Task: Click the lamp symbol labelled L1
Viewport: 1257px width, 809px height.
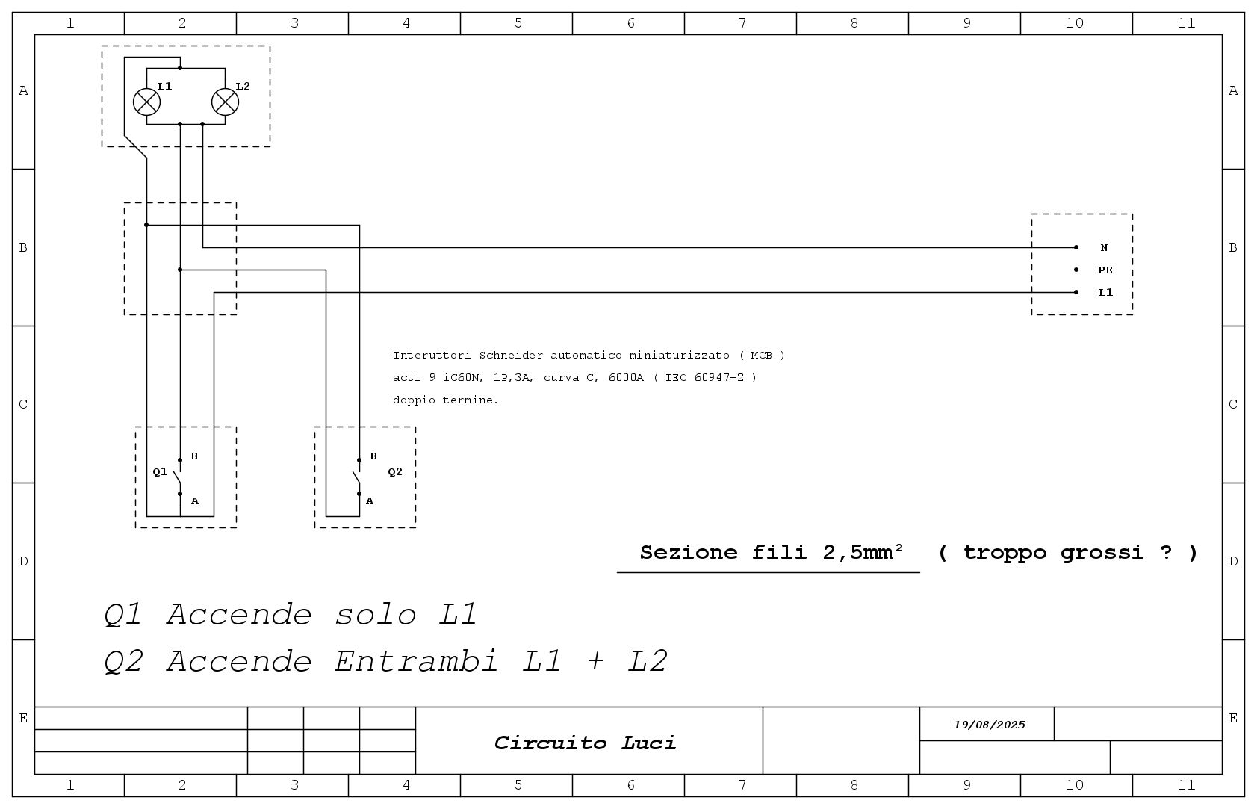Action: [x=146, y=102]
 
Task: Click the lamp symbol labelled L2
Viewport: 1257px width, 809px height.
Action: [x=225, y=102]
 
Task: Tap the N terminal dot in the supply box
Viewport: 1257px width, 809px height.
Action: [x=1076, y=247]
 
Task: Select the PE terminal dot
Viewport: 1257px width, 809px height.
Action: [x=1076, y=270]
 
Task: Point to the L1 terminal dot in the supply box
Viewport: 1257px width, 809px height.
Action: [x=1076, y=293]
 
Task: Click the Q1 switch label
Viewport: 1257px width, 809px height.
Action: [x=160, y=472]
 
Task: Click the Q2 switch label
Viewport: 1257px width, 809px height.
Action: [x=395, y=472]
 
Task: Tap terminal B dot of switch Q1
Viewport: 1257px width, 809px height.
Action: [x=180, y=460]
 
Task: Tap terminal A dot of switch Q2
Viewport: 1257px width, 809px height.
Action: [x=359, y=494]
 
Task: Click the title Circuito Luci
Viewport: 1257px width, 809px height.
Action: [x=585, y=743]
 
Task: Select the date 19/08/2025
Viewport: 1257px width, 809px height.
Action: [x=990, y=725]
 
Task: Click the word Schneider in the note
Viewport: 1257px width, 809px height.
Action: [x=511, y=356]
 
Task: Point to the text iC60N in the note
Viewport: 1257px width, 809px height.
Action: [x=461, y=378]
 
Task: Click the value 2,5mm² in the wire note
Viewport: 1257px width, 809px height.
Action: [x=863, y=553]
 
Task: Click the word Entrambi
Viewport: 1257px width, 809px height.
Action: [x=416, y=661]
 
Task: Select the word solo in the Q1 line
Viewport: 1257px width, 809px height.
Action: [x=376, y=614]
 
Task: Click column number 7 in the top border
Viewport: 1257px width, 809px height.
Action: [x=742, y=23]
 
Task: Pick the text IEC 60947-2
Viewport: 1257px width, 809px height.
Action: [x=705, y=378]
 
